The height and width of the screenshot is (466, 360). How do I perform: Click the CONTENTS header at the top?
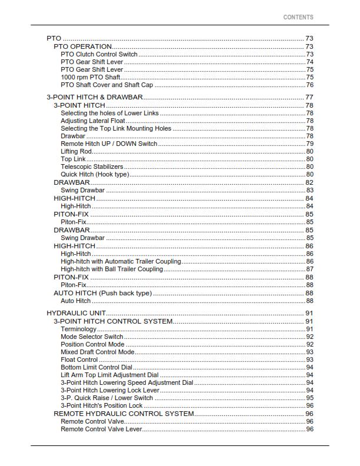click(298, 18)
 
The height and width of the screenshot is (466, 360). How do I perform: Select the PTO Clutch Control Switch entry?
click(99, 54)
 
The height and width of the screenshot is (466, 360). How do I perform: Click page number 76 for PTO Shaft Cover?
click(309, 85)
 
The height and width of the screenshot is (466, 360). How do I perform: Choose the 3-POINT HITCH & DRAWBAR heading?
click(94, 97)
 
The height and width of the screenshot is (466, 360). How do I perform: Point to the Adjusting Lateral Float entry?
click(92, 121)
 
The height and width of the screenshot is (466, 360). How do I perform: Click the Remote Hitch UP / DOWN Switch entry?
click(109, 144)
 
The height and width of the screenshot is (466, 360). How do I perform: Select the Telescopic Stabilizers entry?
click(92, 167)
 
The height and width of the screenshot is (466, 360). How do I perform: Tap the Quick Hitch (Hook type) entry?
click(95, 174)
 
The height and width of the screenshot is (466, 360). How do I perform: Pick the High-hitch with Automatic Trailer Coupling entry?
click(121, 261)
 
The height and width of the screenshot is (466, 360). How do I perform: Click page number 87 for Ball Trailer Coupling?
click(309, 269)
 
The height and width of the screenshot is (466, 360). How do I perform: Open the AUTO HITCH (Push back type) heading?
click(102, 293)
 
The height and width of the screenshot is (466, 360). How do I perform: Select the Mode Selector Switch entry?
click(92, 337)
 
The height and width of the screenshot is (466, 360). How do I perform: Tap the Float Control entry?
click(79, 360)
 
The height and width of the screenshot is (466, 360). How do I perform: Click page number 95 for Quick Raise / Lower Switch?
click(309, 398)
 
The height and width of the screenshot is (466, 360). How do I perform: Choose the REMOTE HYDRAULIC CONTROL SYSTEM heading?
click(124, 414)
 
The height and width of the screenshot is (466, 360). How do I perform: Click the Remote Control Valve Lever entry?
click(101, 429)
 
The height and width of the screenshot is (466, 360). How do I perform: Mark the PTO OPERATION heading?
click(82, 46)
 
